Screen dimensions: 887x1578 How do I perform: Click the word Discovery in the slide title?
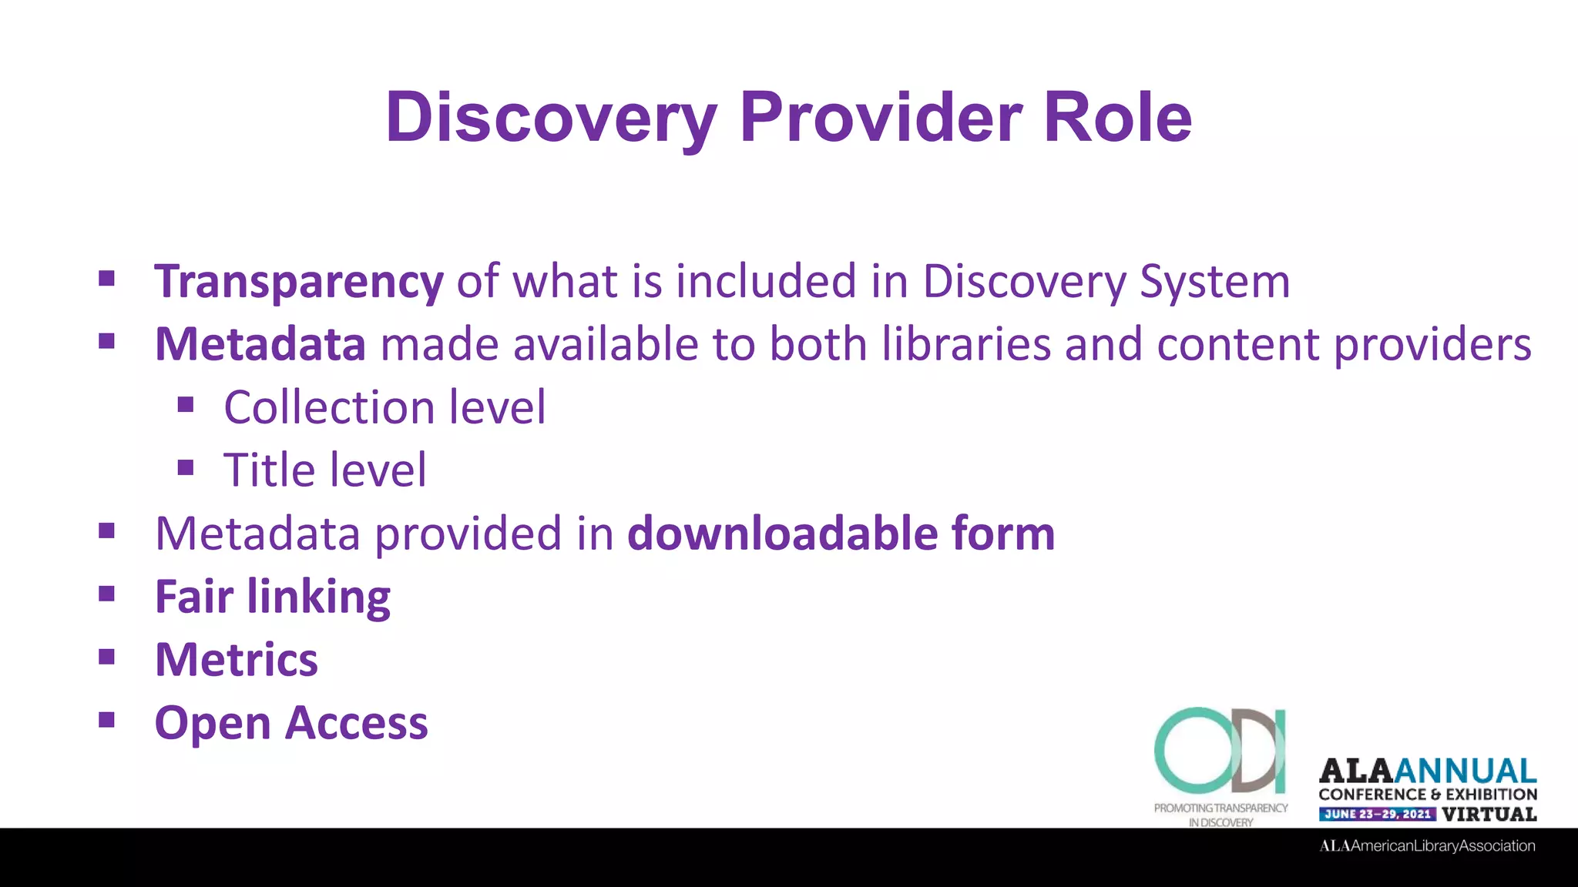point(551,117)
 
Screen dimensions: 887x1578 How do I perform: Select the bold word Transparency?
point(299,282)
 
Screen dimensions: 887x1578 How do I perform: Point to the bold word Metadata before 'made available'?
point(260,344)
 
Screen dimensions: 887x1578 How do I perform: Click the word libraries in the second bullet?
point(966,344)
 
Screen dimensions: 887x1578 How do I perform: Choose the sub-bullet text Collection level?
point(384,407)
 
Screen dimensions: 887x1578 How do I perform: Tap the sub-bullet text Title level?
point(324,470)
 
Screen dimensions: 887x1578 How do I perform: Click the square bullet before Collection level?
point(186,405)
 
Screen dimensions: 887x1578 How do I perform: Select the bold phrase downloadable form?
point(841,534)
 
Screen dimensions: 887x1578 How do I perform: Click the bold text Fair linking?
point(273,597)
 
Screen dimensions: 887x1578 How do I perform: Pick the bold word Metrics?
point(237,660)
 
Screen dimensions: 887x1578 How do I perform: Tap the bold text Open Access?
point(291,723)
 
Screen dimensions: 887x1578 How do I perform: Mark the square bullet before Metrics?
point(107,657)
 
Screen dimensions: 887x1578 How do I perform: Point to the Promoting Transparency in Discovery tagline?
point(1220,815)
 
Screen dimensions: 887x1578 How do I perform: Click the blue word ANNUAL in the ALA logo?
point(1465,771)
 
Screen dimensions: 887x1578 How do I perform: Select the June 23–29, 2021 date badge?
point(1377,814)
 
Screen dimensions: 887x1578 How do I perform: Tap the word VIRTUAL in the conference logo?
point(1489,814)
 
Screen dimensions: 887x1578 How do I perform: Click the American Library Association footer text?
point(1427,846)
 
